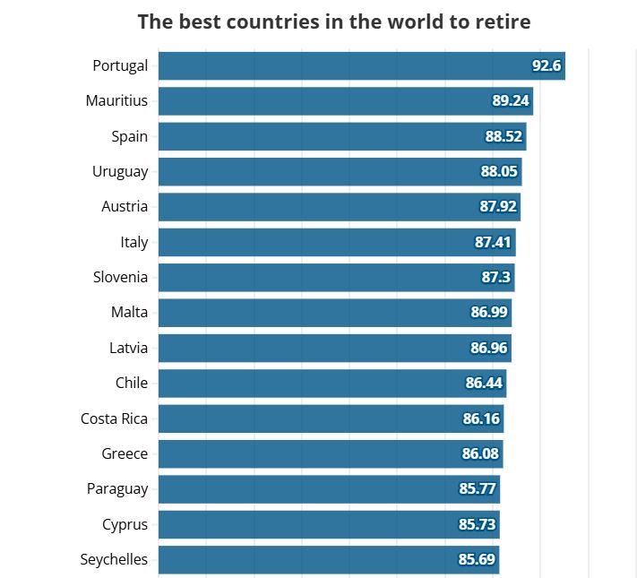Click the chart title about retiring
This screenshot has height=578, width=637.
[333, 22]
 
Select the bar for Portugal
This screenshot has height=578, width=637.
[340, 66]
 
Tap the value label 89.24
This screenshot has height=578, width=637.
[511, 101]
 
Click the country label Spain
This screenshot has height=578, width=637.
[129, 136]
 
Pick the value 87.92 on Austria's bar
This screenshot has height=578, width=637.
[499, 207]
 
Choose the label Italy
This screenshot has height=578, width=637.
[133, 242]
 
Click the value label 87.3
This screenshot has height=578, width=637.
[495, 278]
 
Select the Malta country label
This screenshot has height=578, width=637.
[129, 313]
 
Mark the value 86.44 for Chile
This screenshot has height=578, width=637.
[485, 384]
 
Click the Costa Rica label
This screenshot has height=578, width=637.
[114, 418]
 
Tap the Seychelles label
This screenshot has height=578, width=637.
[114, 559]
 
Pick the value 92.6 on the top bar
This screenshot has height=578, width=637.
[546, 66]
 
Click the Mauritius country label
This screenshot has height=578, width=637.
[116, 101]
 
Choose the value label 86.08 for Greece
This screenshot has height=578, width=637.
[480, 453]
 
